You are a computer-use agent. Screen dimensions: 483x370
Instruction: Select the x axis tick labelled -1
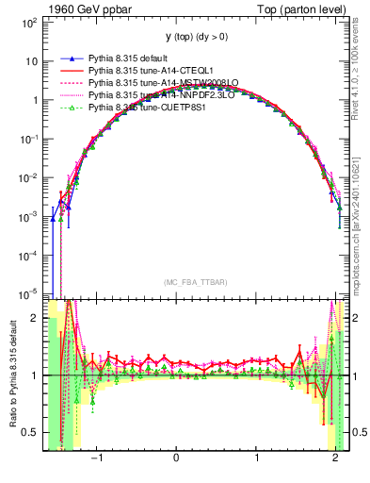click(x=97, y=460)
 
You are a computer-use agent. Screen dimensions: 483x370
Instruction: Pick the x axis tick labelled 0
click(x=177, y=460)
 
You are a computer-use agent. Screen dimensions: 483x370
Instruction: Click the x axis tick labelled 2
click(x=336, y=460)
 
